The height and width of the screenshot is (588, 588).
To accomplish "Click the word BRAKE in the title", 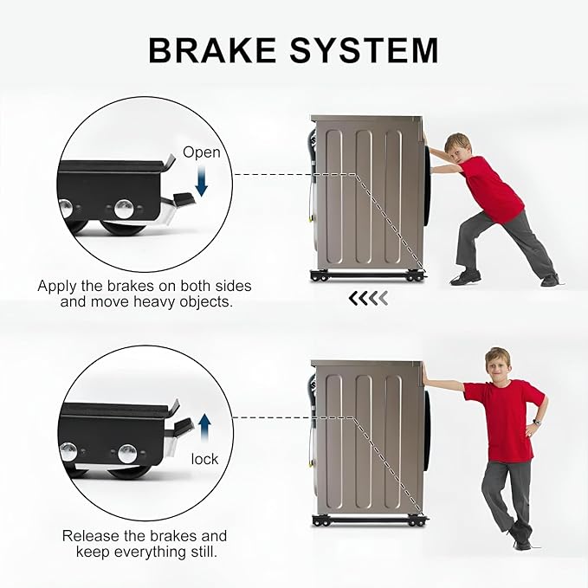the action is tap(213, 50).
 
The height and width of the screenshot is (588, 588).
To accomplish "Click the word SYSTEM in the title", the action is tap(364, 50).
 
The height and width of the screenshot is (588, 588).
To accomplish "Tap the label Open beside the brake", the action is tap(202, 152).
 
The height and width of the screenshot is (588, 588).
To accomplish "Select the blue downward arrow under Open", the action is tap(202, 182).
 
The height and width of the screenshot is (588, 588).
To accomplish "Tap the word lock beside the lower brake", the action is tap(204, 459).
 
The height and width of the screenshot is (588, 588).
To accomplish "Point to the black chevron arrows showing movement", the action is tap(368, 298).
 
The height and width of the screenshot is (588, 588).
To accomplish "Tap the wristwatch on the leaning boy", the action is tap(537, 423).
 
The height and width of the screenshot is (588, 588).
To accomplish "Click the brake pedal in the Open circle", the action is tap(183, 200).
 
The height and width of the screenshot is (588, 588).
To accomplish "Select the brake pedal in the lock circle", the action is tap(184, 424).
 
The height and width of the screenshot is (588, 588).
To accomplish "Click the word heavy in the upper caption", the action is tap(153, 301).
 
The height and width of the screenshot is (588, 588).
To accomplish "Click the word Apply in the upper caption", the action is tap(56, 287).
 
